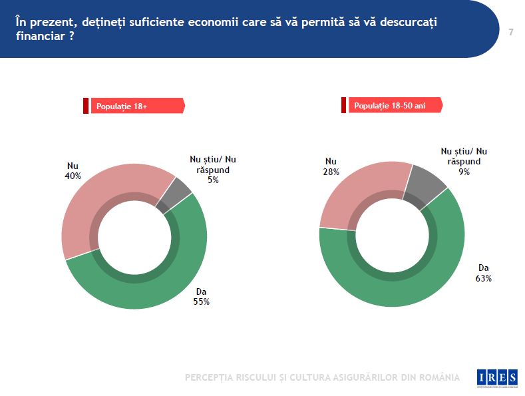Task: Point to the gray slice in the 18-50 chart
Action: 429,180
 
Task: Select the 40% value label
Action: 73,176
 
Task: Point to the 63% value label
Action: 484,278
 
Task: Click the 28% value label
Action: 331,172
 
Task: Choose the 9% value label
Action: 464,172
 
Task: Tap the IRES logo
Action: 496,377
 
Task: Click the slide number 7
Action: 510,32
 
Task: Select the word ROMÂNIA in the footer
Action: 437,377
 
